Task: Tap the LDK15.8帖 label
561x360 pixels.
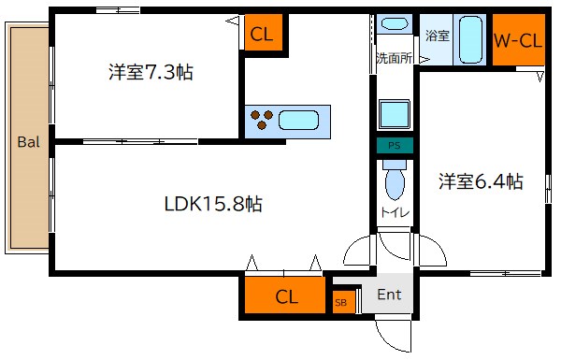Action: pos(212,203)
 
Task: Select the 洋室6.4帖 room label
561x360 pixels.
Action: pos(481,182)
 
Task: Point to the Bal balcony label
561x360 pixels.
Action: pos(28,143)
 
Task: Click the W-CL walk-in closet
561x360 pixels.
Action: pos(518,40)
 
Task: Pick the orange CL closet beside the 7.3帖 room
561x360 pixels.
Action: pos(262,36)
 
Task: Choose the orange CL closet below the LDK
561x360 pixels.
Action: pos(287,297)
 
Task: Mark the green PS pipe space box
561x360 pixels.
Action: pos(395,146)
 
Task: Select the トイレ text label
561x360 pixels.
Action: pos(393,214)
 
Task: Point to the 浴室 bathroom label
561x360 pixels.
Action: pos(437,36)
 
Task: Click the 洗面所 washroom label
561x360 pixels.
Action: pos(394,58)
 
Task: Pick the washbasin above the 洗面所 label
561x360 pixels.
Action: pos(395,27)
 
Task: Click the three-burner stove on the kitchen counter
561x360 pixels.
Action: pos(261,119)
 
